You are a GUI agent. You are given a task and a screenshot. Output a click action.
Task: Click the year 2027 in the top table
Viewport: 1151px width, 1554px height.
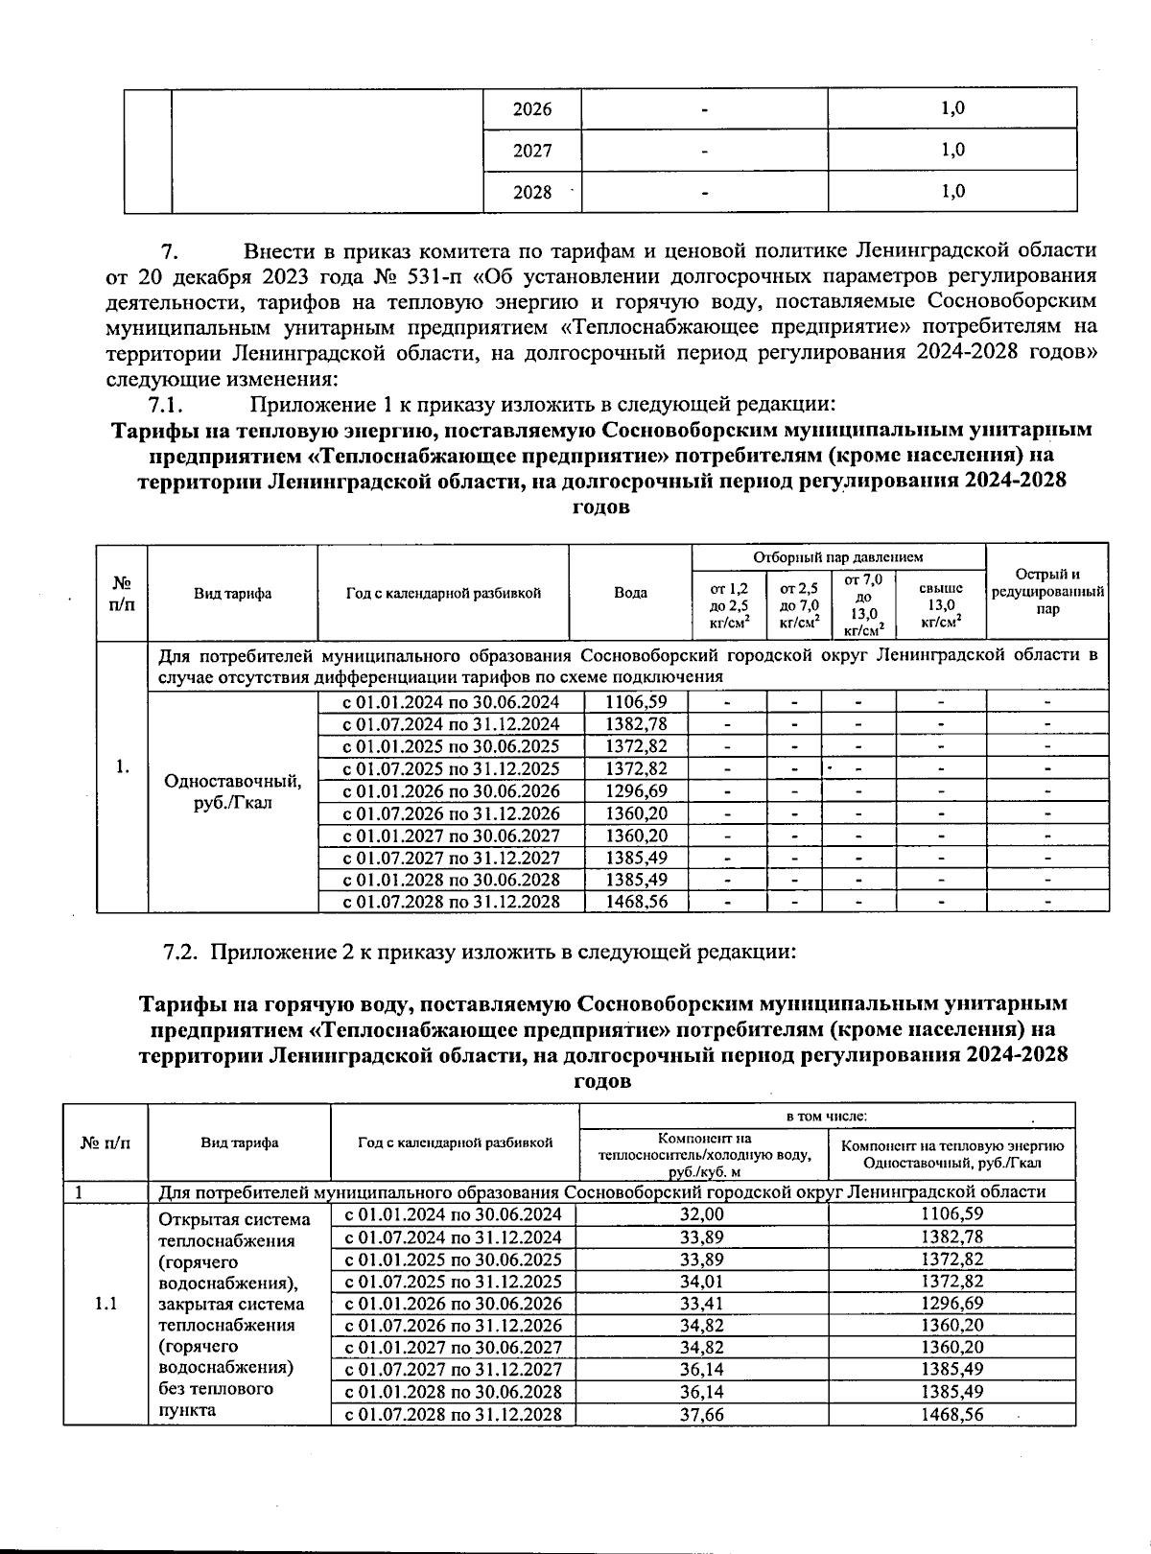coord(532,151)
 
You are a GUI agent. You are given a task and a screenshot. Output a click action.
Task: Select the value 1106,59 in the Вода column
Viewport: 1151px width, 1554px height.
coord(637,701)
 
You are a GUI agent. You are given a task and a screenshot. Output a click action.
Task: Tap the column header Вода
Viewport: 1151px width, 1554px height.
coord(630,593)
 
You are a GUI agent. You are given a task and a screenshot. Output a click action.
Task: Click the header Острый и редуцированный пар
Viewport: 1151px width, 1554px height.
coord(1047,592)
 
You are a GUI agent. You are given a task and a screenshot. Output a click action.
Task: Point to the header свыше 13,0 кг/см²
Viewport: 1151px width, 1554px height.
coord(940,604)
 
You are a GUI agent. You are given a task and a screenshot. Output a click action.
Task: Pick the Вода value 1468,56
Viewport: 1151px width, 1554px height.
coord(637,902)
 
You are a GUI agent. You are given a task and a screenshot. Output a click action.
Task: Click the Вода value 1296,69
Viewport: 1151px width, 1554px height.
coord(637,790)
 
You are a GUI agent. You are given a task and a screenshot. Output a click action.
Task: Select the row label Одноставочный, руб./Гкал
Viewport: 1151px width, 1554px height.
coord(232,791)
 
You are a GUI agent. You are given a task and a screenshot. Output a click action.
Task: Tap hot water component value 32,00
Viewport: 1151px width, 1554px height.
coord(702,1213)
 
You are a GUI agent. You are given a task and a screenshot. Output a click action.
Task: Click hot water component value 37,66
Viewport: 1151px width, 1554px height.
coord(702,1414)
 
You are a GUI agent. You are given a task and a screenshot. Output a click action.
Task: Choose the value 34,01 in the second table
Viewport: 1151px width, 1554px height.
coord(702,1281)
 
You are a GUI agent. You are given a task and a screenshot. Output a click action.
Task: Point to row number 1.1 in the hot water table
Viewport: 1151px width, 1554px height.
coord(106,1304)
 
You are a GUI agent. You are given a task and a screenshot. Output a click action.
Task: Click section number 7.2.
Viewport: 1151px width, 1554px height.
coord(180,953)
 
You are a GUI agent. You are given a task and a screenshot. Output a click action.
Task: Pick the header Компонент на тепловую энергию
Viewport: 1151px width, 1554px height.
coord(952,1154)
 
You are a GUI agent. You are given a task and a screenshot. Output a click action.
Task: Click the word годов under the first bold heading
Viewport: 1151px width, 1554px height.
coord(601,507)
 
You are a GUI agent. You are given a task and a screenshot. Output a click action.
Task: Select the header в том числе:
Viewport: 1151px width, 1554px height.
coord(827,1116)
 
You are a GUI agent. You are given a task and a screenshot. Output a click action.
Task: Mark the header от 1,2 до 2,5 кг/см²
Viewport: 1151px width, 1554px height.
coord(729,604)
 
